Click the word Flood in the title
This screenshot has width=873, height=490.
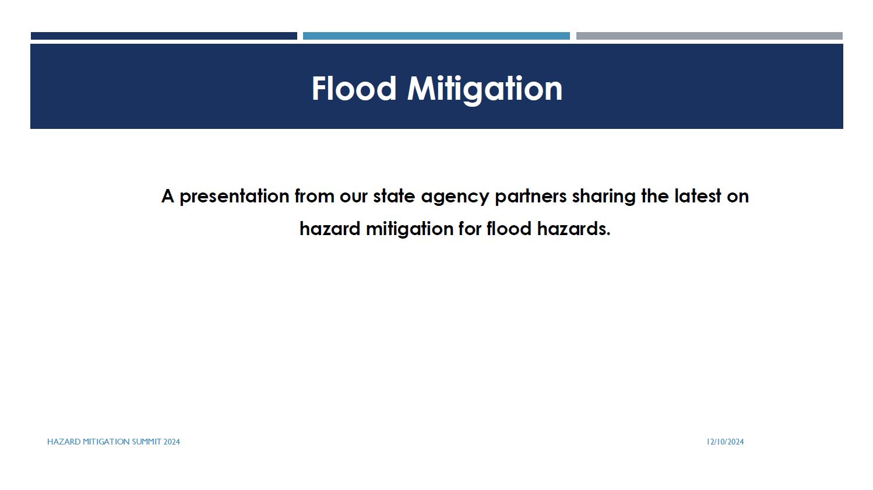coord(354,89)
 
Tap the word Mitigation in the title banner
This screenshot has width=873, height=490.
coord(485,90)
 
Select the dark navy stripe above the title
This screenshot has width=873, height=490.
coord(164,36)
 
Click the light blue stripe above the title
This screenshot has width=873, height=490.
coord(436,36)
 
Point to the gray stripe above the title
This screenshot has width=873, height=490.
coord(709,36)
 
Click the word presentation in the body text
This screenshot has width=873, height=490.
coord(234,196)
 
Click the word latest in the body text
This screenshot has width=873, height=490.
coord(698,196)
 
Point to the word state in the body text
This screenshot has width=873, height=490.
coord(394,196)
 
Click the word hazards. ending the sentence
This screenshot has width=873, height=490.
coord(573,229)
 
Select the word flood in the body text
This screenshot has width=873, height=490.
coord(509,229)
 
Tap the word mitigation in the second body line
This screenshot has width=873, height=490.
coord(409,229)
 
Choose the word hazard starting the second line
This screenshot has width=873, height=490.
coord(330,229)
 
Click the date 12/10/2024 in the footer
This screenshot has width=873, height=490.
coord(725,442)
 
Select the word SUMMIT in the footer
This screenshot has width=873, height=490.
coord(146,442)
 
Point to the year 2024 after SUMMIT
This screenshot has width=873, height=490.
coord(171,442)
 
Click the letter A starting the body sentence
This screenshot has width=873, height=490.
coord(168,196)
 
